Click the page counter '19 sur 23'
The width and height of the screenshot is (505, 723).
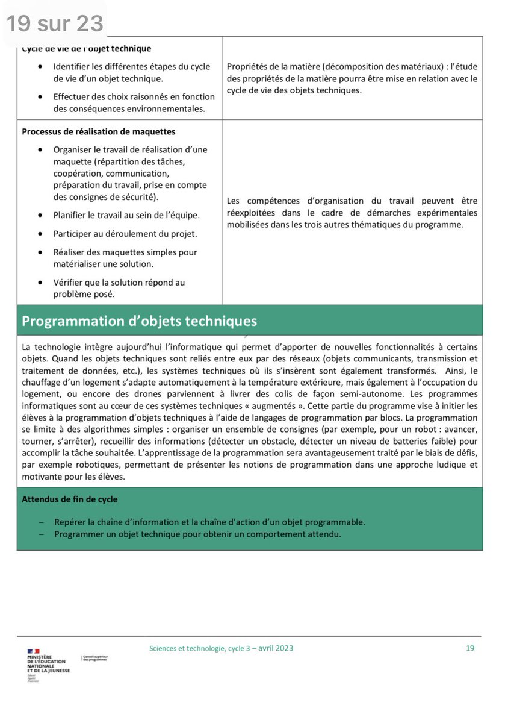(x=55, y=23)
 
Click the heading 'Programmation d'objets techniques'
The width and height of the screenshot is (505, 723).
(x=139, y=321)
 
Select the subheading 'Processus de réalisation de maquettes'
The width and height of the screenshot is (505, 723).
(x=99, y=131)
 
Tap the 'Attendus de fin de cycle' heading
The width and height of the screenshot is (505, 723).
(x=70, y=499)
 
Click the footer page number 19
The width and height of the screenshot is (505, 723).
(x=470, y=648)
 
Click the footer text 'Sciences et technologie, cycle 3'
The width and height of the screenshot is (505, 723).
(x=199, y=648)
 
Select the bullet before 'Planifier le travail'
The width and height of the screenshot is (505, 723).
(x=40, y=215)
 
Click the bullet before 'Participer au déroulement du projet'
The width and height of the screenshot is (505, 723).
(x=40, y=234)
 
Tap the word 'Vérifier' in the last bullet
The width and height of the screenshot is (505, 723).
(x=69, y=282)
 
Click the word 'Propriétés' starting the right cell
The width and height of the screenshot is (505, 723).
(x=248, y=66)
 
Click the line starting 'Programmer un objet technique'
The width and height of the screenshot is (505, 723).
(x=197, y=534)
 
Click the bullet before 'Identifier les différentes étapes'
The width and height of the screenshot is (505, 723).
(x=40, y=66)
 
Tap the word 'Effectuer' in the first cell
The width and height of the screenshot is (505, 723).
(x=72, y=96)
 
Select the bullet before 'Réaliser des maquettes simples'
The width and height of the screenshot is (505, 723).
(x=40, y=252)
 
